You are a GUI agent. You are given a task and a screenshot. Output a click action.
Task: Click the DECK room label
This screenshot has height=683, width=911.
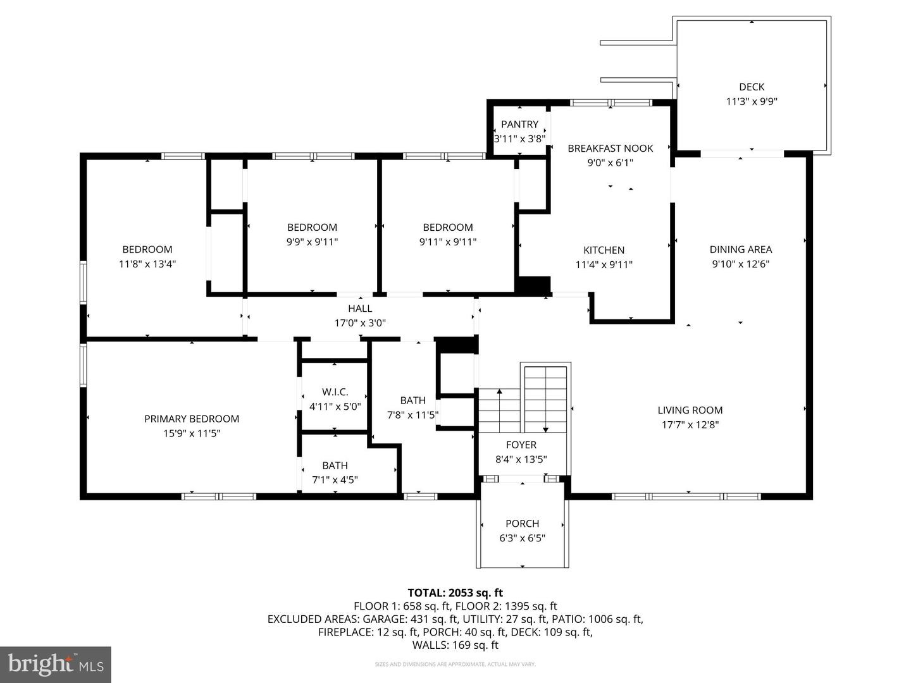(x=752, y=87)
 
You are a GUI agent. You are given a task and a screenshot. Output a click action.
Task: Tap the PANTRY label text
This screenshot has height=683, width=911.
(x=519, y=124)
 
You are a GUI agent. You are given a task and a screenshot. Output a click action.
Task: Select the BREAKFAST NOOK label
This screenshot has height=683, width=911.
(x=610, y=148)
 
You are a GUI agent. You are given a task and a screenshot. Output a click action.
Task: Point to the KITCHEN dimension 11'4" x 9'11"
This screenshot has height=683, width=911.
(x=604, y=265)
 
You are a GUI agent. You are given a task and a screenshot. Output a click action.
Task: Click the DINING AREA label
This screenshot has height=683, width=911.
(x=740, y=249)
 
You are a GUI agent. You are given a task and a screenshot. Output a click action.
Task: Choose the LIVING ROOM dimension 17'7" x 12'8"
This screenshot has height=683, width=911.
(x=690, y=425)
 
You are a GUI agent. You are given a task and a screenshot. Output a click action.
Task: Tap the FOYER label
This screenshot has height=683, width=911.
(x=521, y=445)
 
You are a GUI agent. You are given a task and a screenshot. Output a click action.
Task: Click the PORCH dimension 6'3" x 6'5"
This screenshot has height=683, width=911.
(x=522, y=538)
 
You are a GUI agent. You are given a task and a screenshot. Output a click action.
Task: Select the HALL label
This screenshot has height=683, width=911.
(x=360, y=308)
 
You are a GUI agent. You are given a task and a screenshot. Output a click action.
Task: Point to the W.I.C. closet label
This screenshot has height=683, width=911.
(x=335, y=392)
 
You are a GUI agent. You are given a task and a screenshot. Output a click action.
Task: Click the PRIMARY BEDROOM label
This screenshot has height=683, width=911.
(x=192, y=419)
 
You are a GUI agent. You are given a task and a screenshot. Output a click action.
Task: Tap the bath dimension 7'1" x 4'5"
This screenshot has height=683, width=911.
(x=335, y=480)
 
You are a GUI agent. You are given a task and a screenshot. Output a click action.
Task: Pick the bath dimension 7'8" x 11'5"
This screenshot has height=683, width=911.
(x=412, y=415)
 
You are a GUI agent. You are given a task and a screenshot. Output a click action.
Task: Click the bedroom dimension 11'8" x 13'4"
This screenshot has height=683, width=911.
(x=147, y=264)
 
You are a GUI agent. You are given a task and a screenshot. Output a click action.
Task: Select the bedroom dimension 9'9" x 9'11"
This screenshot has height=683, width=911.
(x=312, y=242)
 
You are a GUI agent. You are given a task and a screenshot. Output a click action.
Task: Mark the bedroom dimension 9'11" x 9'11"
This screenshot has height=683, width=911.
(x=448, y=242)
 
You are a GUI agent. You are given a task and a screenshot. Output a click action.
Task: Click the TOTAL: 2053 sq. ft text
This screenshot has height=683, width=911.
(x=455, y=593)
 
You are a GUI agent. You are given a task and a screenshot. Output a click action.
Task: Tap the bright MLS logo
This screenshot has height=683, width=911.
(x=56, y=664)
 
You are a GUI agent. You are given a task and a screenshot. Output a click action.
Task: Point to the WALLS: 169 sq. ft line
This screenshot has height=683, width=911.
(x=455, y=645)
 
